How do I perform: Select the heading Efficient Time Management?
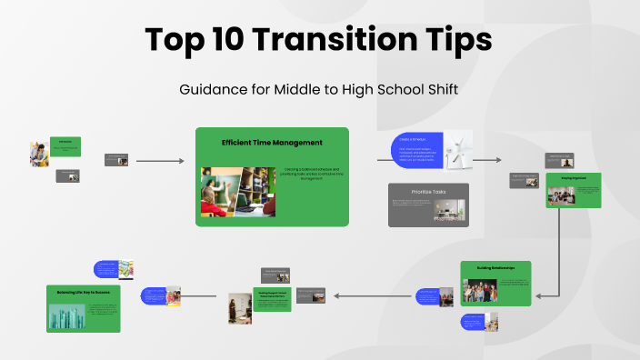click(272, 143)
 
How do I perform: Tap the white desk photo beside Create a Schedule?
click(459, 151)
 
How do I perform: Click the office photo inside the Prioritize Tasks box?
click(445, 211)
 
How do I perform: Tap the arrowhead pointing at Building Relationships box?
click(539, 295)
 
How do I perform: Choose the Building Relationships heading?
click(495, 267)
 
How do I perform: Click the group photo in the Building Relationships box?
click(481, 290)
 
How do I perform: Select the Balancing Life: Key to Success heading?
click(83, 292)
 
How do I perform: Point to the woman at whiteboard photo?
click(239, 308)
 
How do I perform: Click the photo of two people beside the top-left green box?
click(39, 154)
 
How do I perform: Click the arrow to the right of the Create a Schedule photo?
click(488, 160)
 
